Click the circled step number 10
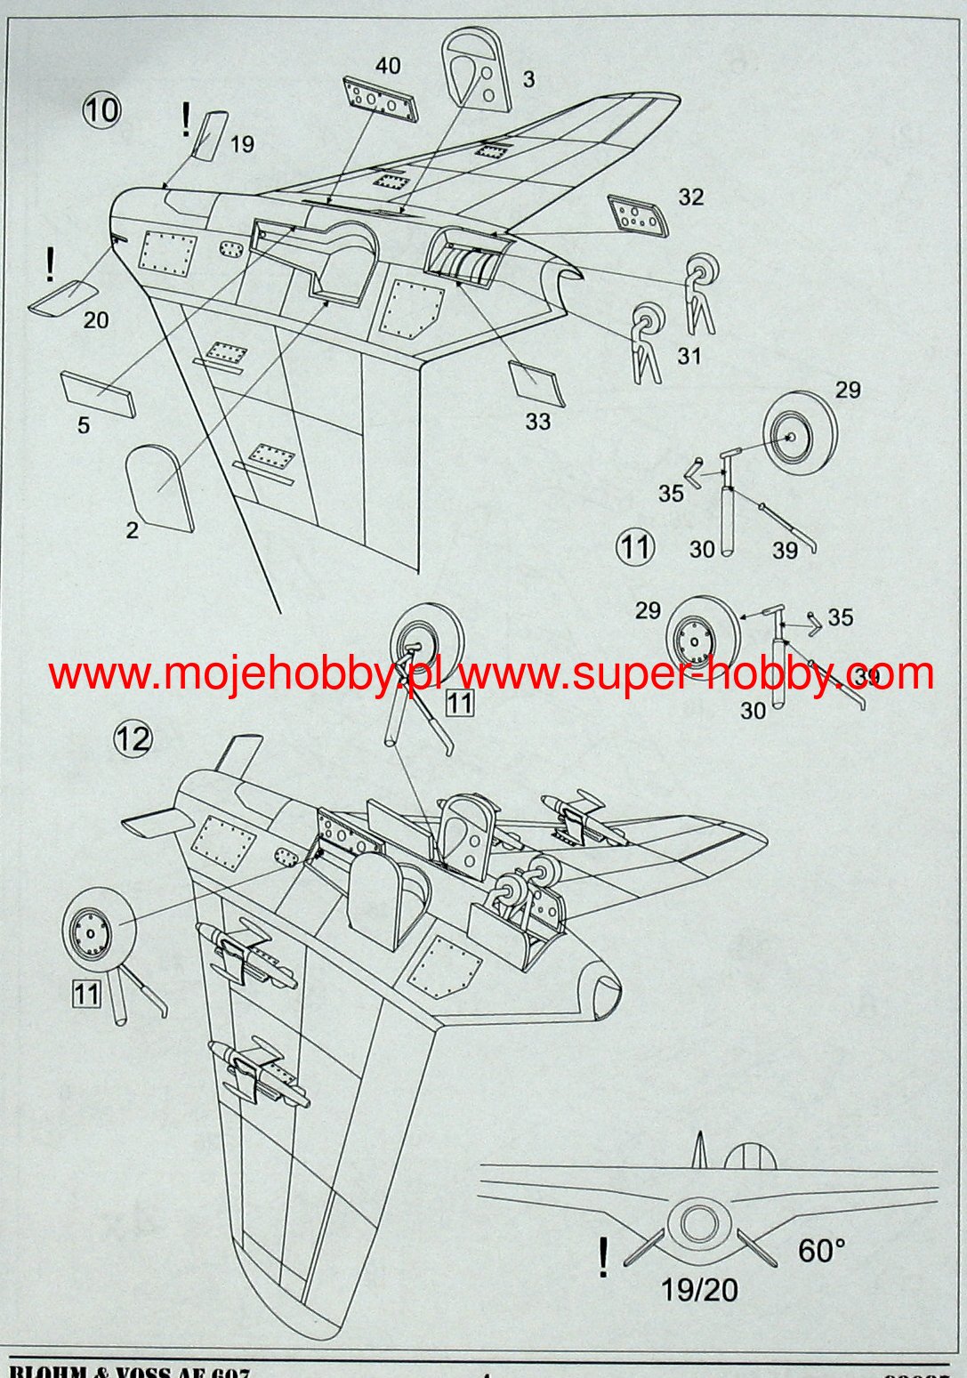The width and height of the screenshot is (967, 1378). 101,110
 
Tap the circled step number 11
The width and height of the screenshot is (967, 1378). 634,545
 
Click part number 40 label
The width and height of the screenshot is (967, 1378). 388,65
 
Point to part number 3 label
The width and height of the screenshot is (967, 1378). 528,79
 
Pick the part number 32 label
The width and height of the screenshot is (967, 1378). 690,197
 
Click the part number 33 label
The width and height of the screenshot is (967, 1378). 537,421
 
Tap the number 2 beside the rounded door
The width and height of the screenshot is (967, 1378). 133,531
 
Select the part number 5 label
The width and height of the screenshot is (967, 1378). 84,425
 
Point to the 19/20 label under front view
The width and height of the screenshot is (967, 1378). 699,1289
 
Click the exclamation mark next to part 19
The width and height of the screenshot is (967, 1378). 185,119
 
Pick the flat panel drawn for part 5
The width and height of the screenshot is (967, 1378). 98,394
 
